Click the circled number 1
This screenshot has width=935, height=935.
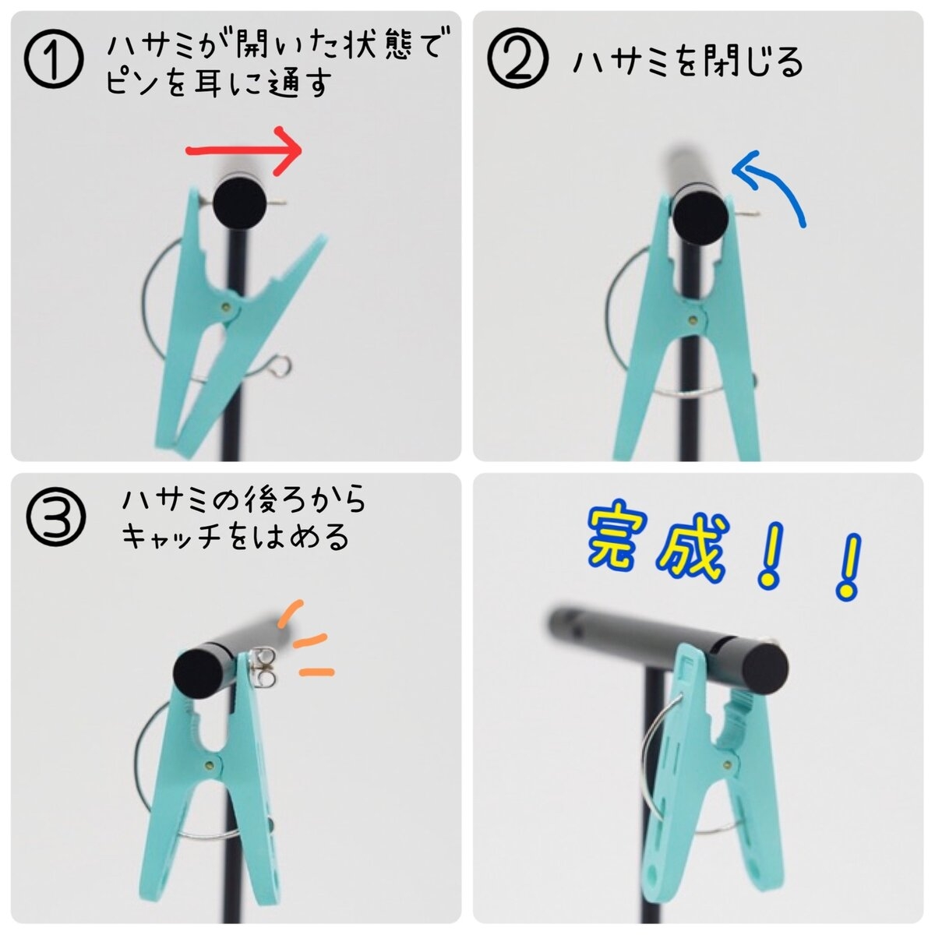[x=52, y=61]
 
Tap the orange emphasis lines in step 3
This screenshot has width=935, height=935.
[x=308, y=639]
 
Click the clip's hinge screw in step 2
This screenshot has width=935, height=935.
[x=693, y=317]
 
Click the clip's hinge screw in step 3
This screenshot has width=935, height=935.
[x=210, y=763]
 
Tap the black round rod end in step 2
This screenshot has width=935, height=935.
[x=700, y=217]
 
